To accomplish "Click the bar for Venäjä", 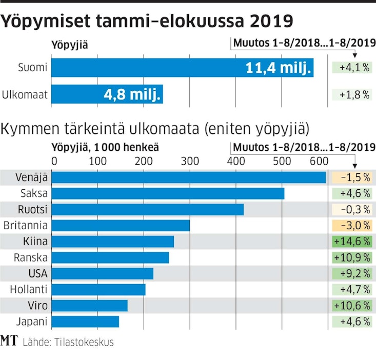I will coord(189,177).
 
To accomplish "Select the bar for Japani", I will coord(86,322).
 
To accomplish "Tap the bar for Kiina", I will coord(113,242).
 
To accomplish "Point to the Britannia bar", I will coord(121,226).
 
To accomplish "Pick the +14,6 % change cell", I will coord(352,242).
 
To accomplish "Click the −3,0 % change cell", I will coord(352,226).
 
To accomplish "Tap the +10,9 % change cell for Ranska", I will coord(352,257).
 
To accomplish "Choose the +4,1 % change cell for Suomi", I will coord(352,68).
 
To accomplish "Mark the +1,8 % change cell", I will coord(352,94).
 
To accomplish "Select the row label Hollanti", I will coord(31,290).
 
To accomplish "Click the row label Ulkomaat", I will coord(25,94).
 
